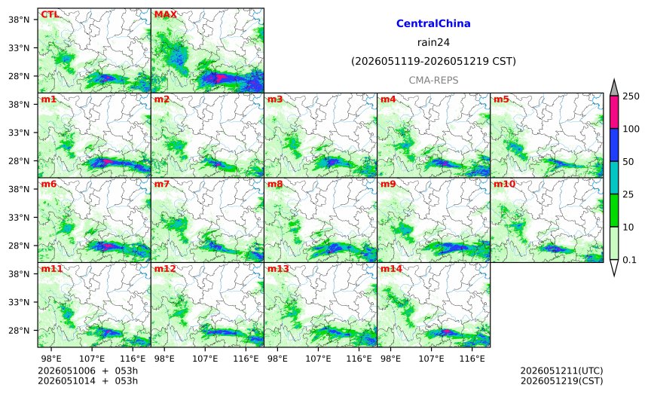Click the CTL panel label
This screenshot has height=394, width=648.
tap(50, 14)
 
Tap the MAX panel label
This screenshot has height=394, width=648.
tap(165, 14)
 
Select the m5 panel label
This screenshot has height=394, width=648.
tap(501, 99)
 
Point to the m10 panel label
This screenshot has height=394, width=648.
tap(504, 184)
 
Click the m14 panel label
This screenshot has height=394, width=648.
tap(391, 269)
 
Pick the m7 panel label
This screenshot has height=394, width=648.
tap(162, 184)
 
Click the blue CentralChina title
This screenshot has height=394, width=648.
tap(433, 23)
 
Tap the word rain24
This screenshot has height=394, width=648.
tap(433, 42)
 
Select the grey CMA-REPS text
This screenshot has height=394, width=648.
tap(433, 80)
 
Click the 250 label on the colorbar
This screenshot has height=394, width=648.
tap(631, 96)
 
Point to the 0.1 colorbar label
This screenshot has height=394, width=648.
tap(629, 260)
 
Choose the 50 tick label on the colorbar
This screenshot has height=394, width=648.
tap(628, 162)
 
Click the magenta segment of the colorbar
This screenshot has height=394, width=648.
tap(614, 112)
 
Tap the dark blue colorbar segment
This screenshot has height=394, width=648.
tap(614, 145)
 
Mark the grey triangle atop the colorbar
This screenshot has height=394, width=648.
tap(614, 88)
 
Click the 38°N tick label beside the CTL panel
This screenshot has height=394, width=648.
tap(19, 20)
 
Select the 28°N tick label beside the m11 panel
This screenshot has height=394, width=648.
tap(19, 331)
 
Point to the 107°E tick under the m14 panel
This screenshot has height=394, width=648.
tap(432, 359)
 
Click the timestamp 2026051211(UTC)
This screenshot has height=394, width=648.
tap(561, 371)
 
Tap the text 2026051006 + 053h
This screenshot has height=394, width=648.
tap(87, 371)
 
